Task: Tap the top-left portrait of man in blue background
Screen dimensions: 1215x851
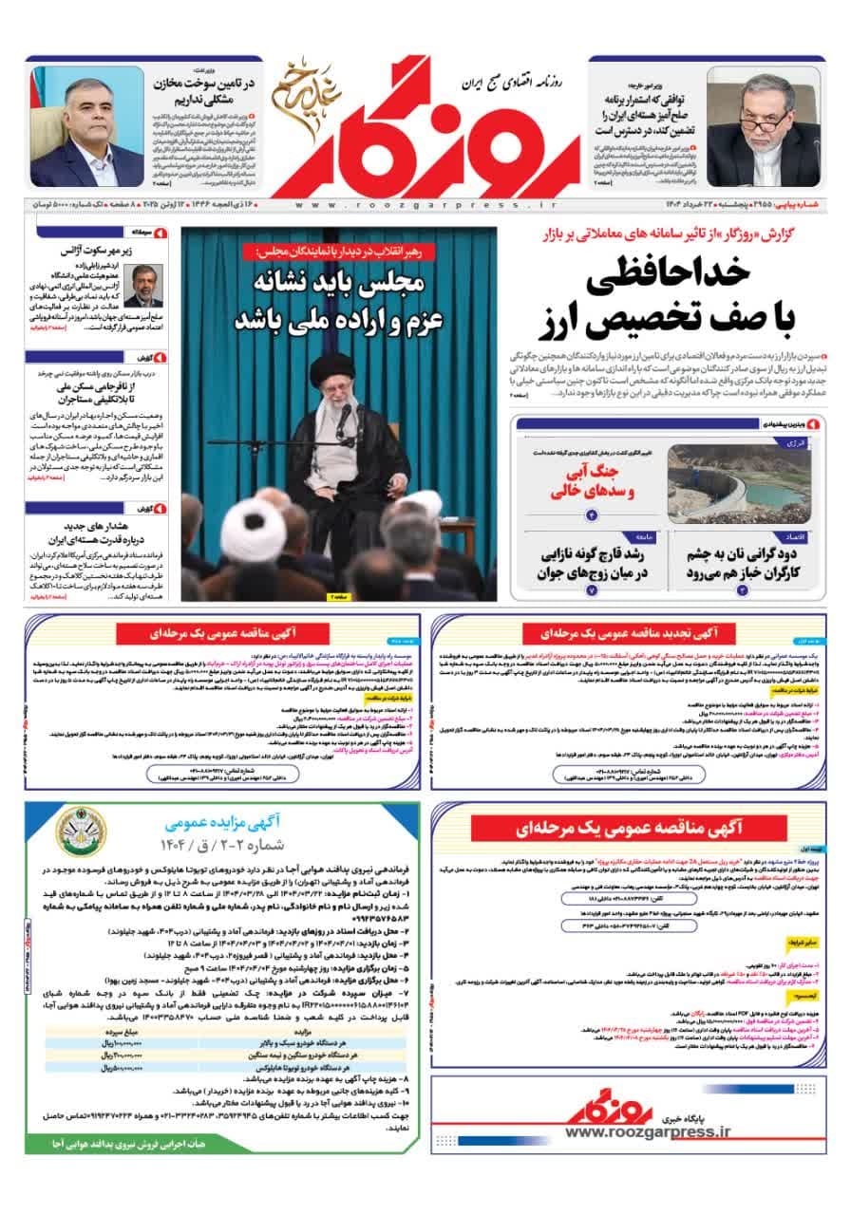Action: click(x=87, y=127)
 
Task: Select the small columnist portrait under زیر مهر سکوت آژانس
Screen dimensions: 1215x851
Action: click(x=143, y=286)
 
